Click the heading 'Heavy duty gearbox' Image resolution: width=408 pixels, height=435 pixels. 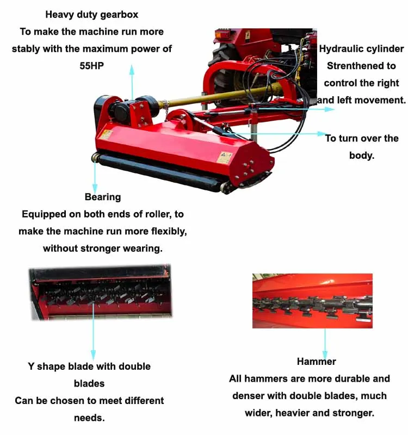click(91, 15)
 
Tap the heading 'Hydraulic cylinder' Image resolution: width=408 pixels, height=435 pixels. click(361, 49)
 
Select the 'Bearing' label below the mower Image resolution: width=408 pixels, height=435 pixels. click(102, 197)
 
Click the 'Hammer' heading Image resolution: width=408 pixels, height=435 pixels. click(316, 362)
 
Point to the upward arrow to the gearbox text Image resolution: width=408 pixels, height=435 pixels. click(131, 82)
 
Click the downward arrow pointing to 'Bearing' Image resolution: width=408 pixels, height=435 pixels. click(95, 175)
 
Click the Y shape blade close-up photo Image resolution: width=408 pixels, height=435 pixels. click(101, 293)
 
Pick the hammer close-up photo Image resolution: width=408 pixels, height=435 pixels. click(312, 301)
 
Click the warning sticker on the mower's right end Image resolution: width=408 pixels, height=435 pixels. click(224, 157)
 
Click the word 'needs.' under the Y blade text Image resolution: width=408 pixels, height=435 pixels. click(89, 418)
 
